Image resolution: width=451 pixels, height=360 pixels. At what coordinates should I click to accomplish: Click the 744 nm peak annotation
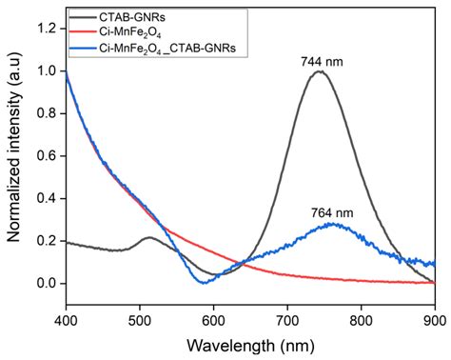322,61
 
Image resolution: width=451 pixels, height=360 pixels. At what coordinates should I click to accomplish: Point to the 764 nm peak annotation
332,212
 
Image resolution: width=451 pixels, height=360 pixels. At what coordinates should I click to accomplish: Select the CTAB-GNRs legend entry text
132,17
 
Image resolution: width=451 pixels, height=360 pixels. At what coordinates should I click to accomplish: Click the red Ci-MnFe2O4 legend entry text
130,32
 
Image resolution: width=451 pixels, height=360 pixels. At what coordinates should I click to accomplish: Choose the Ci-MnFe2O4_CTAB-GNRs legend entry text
167,49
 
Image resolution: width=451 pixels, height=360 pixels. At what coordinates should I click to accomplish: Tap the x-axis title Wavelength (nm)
250,346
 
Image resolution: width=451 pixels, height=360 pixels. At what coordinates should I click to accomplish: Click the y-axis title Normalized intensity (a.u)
13,148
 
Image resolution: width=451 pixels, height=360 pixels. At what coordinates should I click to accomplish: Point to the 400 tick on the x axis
66,321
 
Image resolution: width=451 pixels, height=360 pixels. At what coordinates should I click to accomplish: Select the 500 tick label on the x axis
140,321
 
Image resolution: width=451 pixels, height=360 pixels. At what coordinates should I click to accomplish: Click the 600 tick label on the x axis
214,321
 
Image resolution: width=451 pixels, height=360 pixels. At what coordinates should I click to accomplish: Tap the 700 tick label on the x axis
287,321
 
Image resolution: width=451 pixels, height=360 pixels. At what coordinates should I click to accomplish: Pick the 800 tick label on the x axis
362,321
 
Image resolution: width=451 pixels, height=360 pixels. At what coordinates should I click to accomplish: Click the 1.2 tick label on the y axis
47,29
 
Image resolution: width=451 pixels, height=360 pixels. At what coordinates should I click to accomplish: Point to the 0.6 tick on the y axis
47,156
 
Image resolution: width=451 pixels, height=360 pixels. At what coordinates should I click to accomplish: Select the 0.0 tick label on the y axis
47,283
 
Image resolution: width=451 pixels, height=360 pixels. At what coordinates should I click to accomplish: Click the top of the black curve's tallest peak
320,71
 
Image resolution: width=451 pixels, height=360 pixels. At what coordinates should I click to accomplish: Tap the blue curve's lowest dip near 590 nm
204,282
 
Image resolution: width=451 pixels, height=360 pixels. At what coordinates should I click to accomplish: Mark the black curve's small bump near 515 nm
149,237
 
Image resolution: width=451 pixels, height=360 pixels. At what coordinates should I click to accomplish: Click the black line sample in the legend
84,17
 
